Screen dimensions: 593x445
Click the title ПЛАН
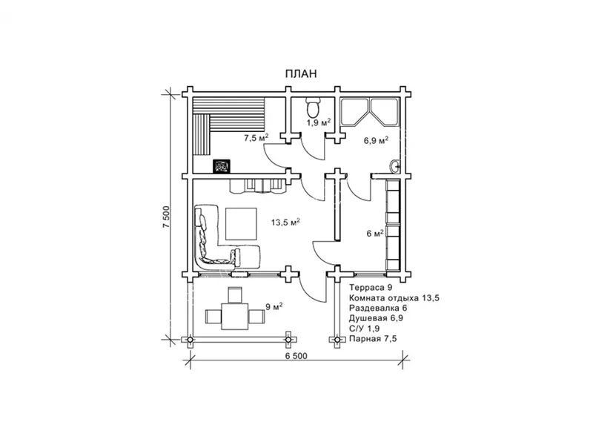point(301,73)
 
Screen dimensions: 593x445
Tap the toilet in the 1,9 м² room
point(313,107)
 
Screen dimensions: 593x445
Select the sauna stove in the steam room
point(221,166)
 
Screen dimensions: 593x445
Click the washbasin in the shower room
point(394,165)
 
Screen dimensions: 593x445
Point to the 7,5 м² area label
point(256,137)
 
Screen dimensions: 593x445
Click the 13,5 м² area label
point(285,222)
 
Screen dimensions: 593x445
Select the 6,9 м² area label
point(377,141)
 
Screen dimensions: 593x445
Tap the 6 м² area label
point(375,234)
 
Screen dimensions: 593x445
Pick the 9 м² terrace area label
point(274,306)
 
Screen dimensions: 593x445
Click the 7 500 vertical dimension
point(166,217)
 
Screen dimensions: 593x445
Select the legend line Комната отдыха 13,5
point(394,298)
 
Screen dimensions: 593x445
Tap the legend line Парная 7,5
point(373,339)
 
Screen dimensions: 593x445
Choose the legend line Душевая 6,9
point(376,318)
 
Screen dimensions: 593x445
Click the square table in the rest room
point(241,224)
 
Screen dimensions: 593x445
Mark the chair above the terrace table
point(235,294)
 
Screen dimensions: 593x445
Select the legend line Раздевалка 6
point(378,308)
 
